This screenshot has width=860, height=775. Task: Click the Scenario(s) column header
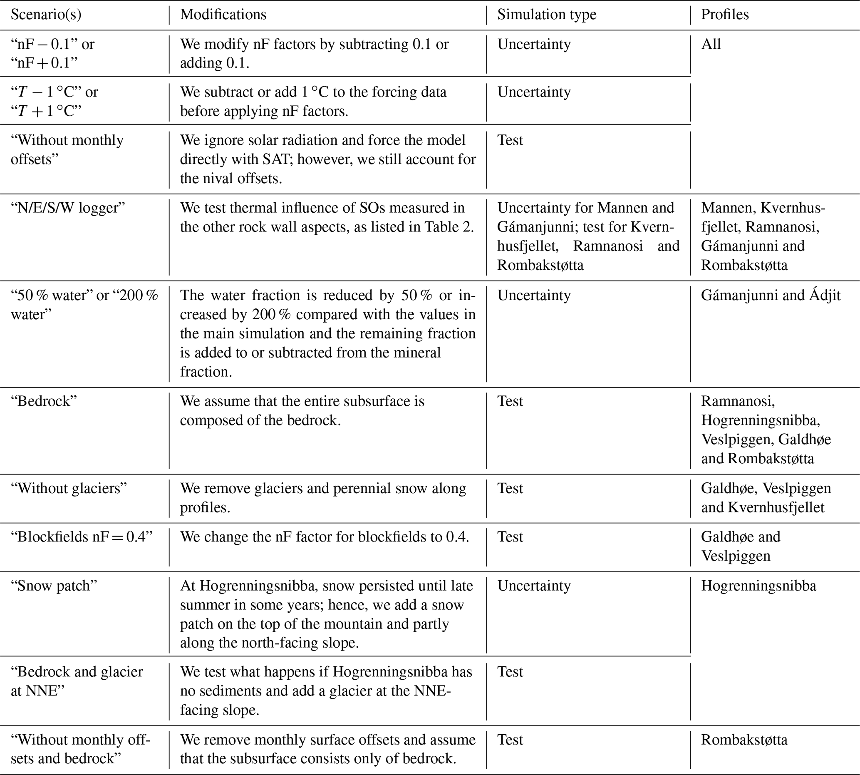click(46, 15)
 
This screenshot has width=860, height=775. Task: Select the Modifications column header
click(223, 15)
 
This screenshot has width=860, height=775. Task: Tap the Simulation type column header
click(547, 15)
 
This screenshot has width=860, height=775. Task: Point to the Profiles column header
click(725, 15)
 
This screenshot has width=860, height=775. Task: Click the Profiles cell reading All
click(711, 44)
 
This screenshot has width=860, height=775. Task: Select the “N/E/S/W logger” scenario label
click(68, 208)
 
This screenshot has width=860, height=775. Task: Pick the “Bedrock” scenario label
click(44, 401)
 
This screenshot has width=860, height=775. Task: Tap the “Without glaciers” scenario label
click(69, 488)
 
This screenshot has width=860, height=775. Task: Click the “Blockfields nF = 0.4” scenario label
click(81, 537)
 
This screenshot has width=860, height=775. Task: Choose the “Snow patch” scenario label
click(54, 586)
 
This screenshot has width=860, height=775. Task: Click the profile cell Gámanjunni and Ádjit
click(771, 296)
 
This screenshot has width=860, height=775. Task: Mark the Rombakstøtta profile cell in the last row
click(744, 740)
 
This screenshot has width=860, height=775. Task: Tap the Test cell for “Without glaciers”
click(510, 488)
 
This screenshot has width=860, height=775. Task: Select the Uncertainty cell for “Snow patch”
click(534, 586)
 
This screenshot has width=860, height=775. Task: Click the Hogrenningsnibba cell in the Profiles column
click(758, 586)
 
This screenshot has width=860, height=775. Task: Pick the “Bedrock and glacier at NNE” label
click(77, 681)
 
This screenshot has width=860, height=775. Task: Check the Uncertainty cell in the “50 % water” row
click(534, 296)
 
